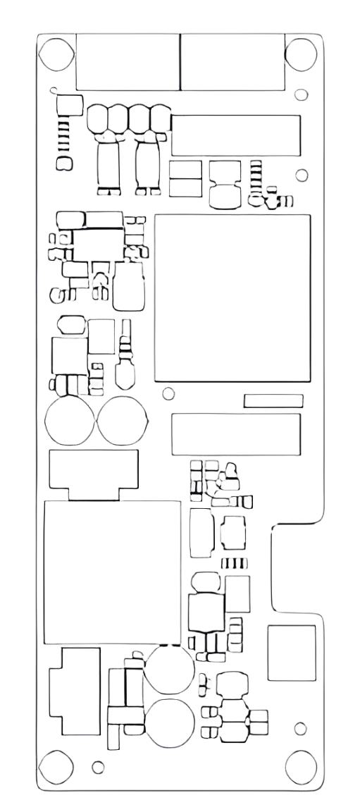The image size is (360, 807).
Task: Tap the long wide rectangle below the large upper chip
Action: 236,434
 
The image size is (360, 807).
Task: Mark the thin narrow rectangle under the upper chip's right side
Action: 273,400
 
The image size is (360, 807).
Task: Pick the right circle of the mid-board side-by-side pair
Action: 123,421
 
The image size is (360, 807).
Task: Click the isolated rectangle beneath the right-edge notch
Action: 291,653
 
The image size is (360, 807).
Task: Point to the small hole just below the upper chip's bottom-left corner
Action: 168,392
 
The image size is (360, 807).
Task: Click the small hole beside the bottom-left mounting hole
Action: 99,765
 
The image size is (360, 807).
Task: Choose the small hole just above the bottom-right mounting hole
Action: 298,726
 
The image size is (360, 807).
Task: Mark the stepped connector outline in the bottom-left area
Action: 75,691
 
